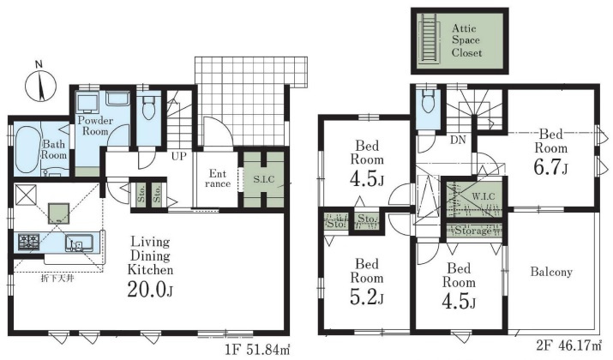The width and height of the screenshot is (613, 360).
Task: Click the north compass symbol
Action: [40, 84]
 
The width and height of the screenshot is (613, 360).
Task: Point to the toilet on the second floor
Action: [427, 100]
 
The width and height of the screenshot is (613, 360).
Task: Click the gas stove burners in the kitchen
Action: [28, 243]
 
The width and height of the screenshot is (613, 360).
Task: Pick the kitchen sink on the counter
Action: [80, 243]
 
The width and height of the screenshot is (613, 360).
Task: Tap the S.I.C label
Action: [264, 179]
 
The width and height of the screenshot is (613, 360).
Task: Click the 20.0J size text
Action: [150, 289]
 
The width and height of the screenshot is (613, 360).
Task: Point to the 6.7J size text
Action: [550, 166]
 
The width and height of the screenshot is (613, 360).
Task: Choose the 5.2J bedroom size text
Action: [366, 297]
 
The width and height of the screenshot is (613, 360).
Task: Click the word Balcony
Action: [551, 272]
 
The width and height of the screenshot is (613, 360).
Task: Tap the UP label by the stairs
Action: [178, 156]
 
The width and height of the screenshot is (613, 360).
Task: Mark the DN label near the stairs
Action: [458, 139]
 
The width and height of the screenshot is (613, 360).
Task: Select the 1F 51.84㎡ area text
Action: [258, 349]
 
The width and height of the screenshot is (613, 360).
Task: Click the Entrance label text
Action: [218, 178]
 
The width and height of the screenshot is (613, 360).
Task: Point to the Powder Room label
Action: [95, 125]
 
